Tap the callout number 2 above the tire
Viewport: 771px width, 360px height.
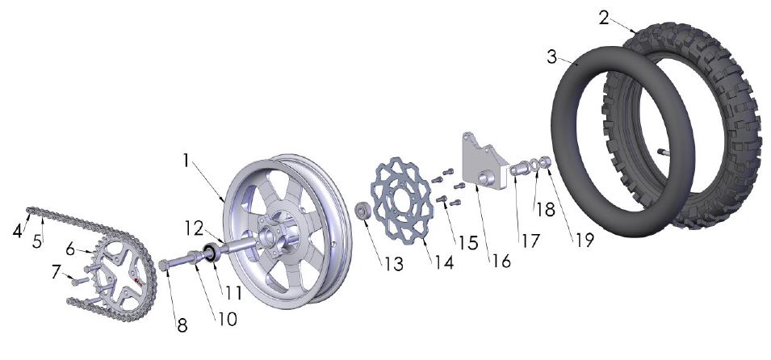pos(605,17)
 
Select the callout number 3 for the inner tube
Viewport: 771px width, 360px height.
pos(551,57)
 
